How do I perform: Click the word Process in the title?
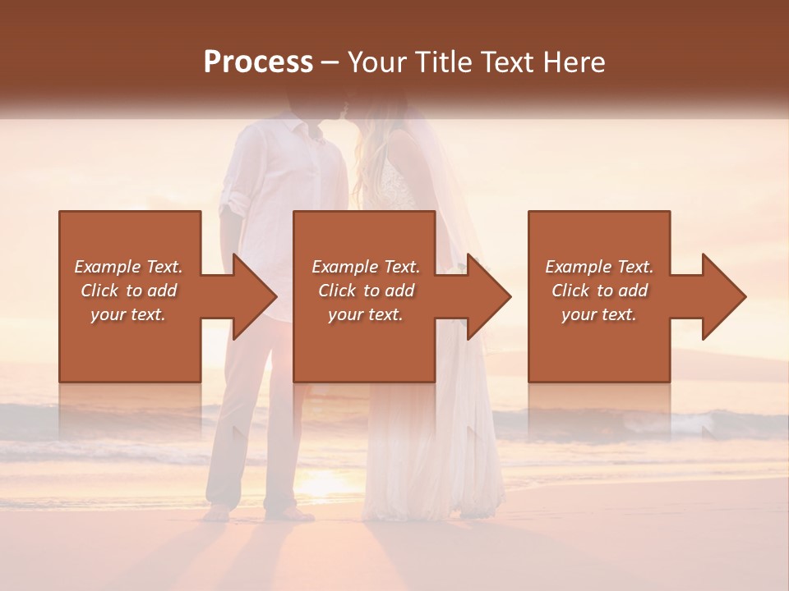coord(258,62)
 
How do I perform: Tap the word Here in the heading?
coord(574,62)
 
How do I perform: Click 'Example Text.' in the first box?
coord(128,267)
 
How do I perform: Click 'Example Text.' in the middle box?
coord(365,267)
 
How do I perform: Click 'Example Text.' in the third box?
coord(599,267)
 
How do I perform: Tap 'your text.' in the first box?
coord(128,314)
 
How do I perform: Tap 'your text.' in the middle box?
coord(365,314)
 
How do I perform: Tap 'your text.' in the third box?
coord(599,314)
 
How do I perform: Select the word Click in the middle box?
coord(335,291)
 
